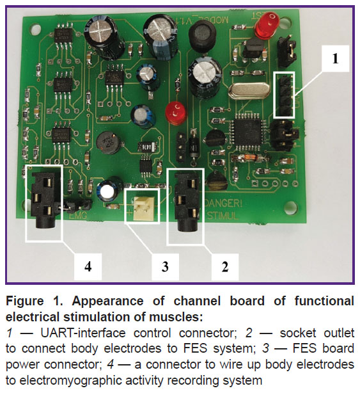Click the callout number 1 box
coord(334,58)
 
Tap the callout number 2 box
coord(224,267)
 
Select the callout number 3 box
coord(165,267)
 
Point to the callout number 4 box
coord(88,267)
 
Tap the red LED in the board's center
coord(176,112)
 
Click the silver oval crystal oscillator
coord(249,92)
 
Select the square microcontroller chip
coord(246,131)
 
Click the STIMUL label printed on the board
coord(222,216)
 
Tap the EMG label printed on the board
coord(77,216)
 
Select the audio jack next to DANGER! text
coord(187,202)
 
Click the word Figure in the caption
coord(25,301)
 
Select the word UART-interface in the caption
coord(83,333)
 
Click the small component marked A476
coord(148,147)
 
